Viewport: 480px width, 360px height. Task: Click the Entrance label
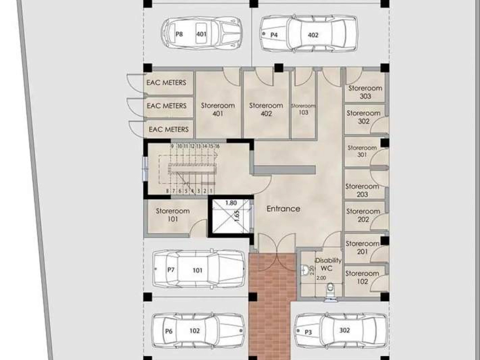283,209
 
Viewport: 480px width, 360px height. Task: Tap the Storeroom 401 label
218,109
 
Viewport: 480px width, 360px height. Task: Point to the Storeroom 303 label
365,92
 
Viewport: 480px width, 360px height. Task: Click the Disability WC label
328,264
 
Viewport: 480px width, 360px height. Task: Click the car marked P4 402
309,34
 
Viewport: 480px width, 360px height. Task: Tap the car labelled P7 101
198,269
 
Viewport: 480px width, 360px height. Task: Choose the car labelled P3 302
341,331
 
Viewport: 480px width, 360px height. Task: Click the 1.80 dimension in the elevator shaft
231,203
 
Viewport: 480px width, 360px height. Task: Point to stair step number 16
217,146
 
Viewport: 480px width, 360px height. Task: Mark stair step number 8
167,191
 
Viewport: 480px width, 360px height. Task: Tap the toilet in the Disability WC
330,290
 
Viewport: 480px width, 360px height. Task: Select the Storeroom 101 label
173,215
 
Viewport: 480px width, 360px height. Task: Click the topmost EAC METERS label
166,83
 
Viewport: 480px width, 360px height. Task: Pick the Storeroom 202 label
363,215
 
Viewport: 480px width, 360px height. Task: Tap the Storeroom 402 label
266,109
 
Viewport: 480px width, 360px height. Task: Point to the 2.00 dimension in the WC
321,278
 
